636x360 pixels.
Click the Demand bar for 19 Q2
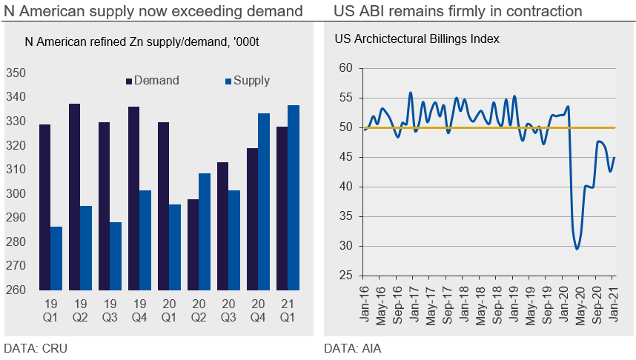74,197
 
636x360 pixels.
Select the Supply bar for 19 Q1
56,259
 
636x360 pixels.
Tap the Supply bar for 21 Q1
294,198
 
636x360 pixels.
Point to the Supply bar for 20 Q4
264,201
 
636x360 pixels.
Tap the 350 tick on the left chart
16,73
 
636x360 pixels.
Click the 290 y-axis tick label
16,218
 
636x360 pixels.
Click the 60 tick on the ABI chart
345,68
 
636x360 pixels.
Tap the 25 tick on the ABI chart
345,276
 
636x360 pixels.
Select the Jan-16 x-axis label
364,304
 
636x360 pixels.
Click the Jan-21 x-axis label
614,304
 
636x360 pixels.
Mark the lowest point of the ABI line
577,249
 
